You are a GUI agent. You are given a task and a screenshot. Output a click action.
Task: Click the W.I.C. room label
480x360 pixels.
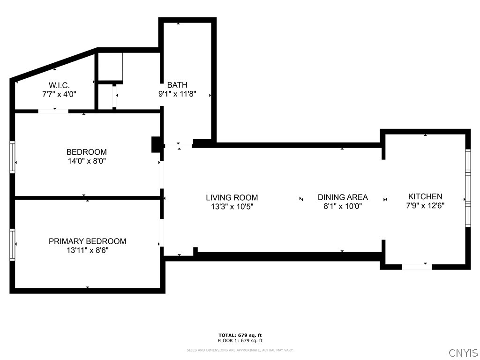[x=59, y=85]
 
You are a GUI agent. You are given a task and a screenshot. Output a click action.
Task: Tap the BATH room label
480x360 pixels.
[x=177, y=85]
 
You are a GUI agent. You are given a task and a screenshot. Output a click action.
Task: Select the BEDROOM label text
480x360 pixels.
[x=87, y=152]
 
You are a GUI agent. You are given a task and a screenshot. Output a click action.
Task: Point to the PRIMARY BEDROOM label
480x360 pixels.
[x=87, y=241]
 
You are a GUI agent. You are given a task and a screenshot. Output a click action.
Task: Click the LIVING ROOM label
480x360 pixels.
[x=232, y=198]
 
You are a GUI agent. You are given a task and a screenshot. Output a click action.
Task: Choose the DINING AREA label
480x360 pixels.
[x=343, y=197]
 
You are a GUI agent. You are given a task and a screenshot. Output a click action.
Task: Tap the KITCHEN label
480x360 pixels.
[x=425, y=196]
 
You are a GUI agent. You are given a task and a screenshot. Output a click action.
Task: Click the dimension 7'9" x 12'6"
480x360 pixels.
[x=425, y=205]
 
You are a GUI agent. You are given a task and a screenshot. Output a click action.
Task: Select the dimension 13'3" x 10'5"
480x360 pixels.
[x=232, y=206]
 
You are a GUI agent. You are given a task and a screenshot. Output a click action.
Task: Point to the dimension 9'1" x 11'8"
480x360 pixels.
[x=177, y=94]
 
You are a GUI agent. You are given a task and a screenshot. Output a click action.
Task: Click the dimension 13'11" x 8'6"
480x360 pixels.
[x=87, y=250]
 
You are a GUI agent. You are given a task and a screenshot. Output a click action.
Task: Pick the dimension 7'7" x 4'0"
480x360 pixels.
[x=59, y=94]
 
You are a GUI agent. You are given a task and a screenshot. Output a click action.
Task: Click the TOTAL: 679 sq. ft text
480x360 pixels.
[x=240, y=335]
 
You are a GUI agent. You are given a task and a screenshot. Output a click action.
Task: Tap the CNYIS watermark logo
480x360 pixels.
[x=463, y=353]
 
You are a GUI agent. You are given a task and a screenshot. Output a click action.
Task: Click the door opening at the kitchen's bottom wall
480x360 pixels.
[x=417, y=267]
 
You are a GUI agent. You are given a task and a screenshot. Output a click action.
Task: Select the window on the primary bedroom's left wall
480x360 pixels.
[x=13, y=244]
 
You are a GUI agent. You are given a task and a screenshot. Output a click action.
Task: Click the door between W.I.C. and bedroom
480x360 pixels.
[x=53, y=111]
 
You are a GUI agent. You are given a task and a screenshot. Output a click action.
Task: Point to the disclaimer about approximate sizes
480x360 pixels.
[x=240, y=350]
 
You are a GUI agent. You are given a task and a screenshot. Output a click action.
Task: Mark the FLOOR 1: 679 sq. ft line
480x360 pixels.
[x=240, y=341]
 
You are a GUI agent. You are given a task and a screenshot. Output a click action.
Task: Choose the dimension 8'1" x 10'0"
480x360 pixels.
[x=343, y=206]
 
